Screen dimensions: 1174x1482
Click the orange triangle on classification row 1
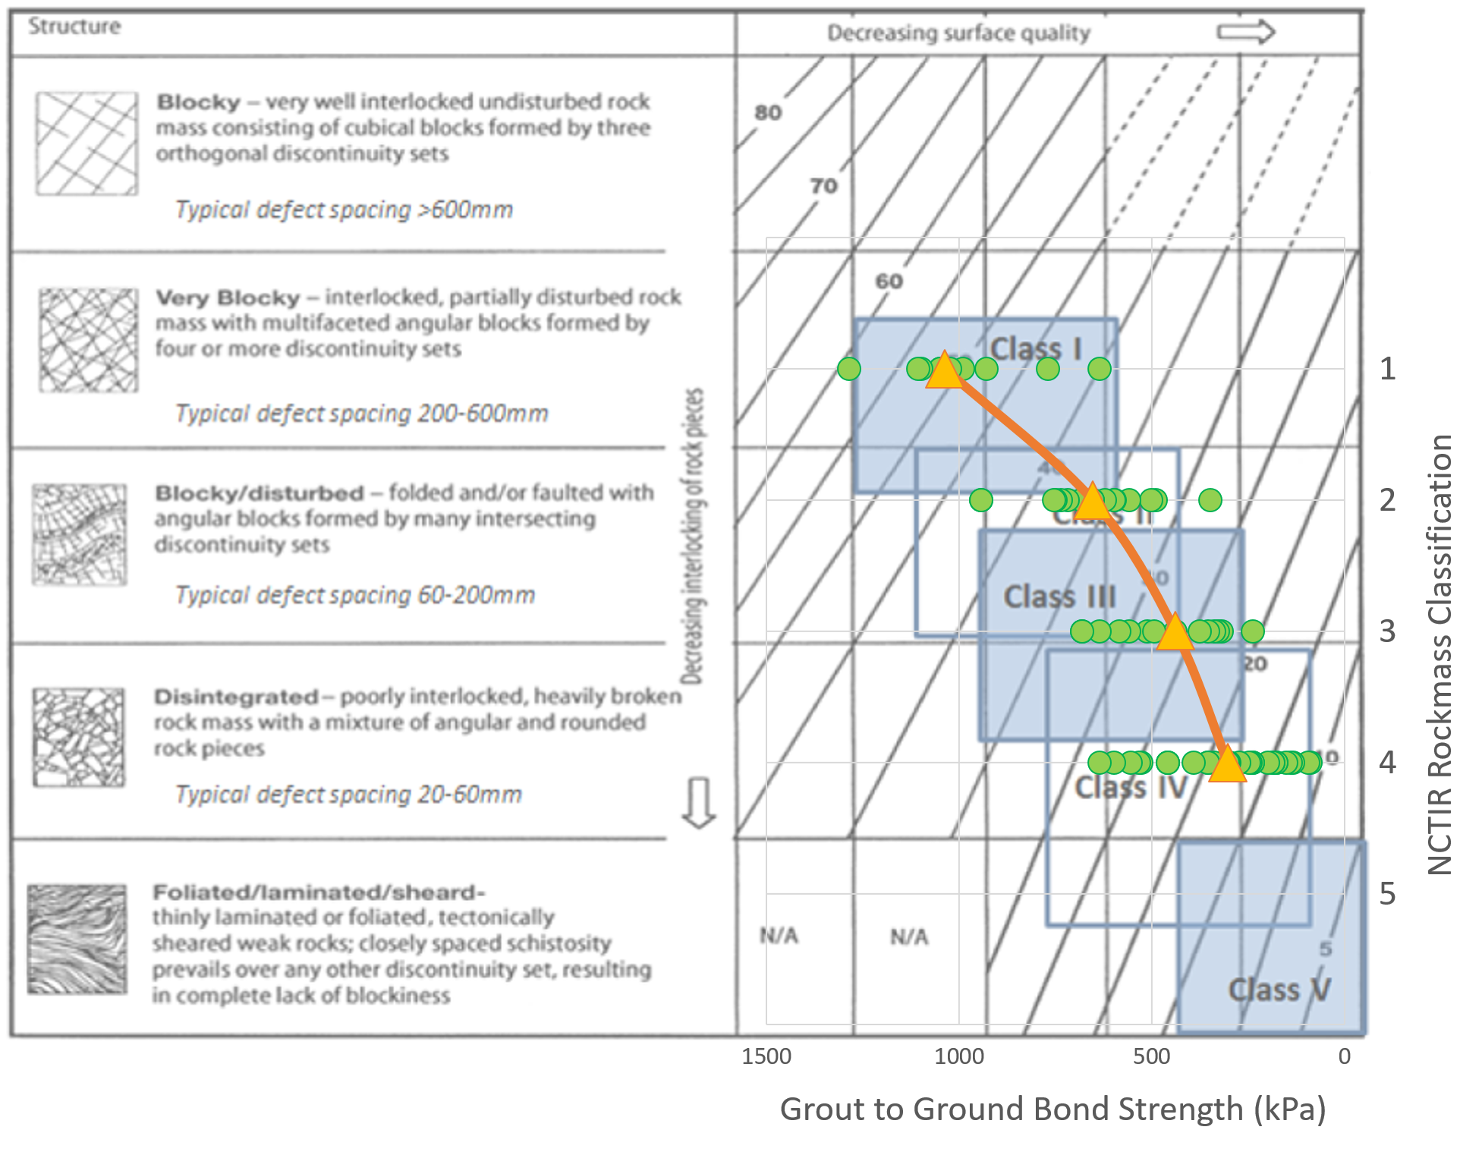945,371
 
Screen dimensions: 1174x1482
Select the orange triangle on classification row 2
1093,502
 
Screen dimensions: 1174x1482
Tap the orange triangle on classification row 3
1175,633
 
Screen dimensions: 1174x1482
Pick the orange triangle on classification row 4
1227,764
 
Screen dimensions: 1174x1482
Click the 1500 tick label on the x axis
766,1056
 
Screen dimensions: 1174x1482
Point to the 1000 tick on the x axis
959,1056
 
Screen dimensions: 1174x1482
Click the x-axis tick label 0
1344,1056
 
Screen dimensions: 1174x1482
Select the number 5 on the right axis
1387,894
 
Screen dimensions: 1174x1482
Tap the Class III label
1059,596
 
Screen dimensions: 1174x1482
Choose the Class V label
1279,990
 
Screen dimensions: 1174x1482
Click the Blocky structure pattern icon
87,143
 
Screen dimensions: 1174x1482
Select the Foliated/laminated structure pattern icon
77,939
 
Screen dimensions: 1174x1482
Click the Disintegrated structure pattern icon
78,737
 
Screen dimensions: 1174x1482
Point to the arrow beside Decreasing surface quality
1245,32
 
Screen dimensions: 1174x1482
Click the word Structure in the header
74,27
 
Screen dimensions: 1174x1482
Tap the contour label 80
768,113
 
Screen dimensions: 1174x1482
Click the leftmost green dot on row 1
849,369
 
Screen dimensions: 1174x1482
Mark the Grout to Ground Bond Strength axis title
1053,1109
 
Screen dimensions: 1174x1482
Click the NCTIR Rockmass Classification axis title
1440,654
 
